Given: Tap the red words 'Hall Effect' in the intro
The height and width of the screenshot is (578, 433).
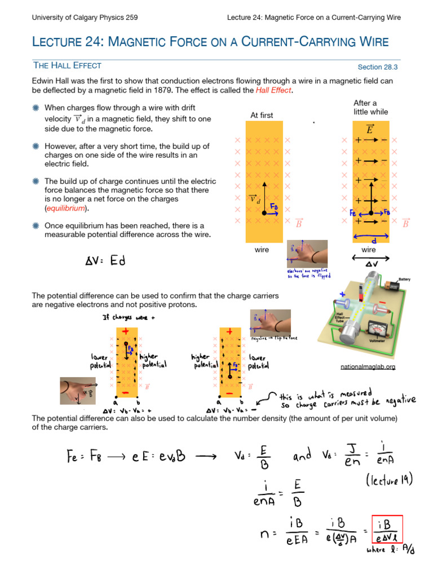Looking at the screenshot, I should [x=275, y=90].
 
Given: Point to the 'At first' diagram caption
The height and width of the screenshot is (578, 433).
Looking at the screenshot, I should [x=262, y=115].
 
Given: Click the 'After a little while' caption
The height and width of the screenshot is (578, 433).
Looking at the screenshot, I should [x=370, y=107].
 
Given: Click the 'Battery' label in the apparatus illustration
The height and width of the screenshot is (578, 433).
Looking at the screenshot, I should [x=404, y=279].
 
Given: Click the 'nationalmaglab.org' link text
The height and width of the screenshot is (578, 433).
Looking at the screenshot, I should [x=368, y=367].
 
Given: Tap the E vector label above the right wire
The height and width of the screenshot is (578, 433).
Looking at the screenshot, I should [x=370, y=129].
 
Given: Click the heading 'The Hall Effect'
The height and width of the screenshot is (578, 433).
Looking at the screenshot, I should [x=67, y=65].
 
